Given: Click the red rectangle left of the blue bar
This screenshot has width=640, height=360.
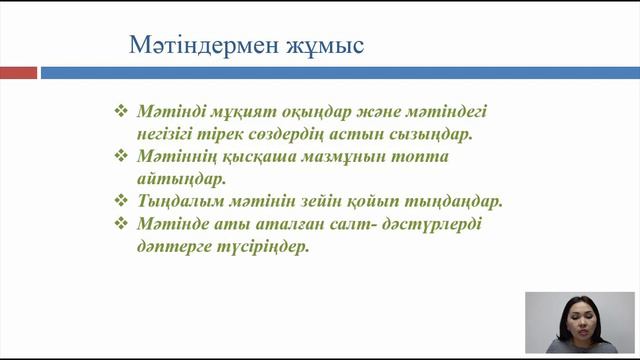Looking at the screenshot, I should pyautogui.click(x=18, y=73).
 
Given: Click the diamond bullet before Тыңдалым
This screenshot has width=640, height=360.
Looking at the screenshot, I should pyautogui.click(x=123, y=201).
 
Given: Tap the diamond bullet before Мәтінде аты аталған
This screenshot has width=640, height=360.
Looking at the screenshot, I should pyautogui.click(x=123, y=224).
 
